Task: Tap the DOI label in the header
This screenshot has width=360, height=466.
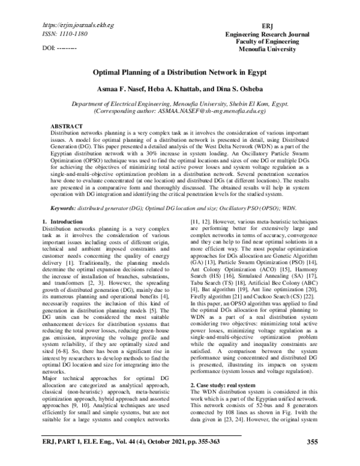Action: [x=50, y=47]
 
